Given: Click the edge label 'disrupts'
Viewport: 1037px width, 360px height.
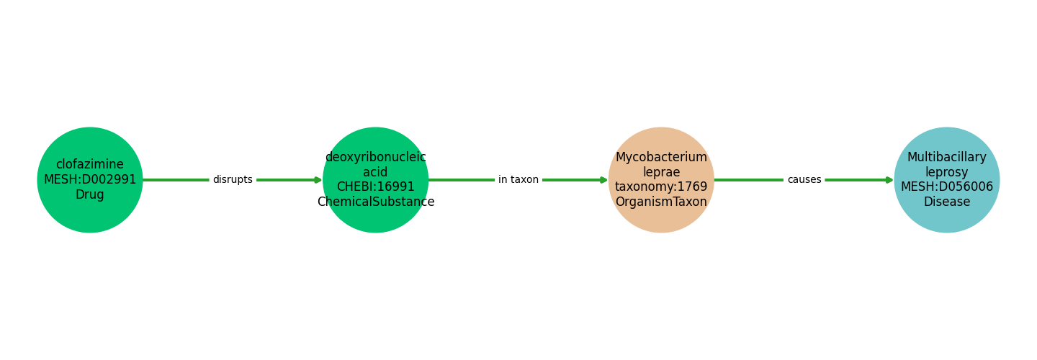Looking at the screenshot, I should (233, 180).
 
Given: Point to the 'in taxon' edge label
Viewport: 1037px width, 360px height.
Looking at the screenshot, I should (518, 180).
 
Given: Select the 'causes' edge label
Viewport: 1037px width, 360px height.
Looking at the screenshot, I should (804, 180).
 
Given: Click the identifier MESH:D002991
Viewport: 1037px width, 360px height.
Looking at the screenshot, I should (90, 180).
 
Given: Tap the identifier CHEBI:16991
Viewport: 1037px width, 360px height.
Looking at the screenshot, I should (375, 187).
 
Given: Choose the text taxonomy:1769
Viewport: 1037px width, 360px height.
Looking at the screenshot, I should (661, 187).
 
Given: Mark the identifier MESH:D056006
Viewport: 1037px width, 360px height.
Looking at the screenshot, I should (947, 187).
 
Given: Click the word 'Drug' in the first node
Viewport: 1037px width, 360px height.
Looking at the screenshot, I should (90, 195).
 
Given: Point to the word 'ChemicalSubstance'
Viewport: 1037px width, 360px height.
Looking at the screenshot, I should (375, 202).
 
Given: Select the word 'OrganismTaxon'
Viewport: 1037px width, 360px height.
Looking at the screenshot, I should (661, 202).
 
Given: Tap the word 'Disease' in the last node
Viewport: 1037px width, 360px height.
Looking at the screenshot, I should (947, 202).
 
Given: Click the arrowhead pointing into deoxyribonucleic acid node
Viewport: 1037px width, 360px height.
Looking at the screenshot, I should (318, 180).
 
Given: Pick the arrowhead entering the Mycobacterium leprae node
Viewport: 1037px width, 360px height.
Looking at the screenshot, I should (604, 180).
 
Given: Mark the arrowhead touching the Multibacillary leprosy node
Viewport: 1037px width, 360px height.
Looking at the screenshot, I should (890, 180).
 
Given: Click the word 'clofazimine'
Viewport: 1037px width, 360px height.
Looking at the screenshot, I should (90, 165).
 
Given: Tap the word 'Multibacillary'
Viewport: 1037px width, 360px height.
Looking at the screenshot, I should (947, 157).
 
